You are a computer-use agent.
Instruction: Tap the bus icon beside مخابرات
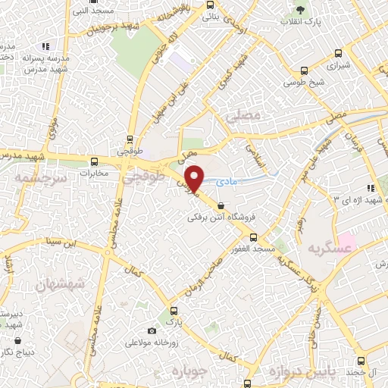coord(95,161)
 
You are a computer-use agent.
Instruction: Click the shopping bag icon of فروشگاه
coord(221,205)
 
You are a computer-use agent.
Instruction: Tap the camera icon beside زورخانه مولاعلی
coord(152,330)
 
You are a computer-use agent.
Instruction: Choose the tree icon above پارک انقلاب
coord(301,10)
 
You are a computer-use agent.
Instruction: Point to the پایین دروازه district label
coord(295,372)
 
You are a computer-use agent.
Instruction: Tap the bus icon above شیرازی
coord(338,53)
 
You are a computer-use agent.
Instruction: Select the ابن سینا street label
coord(61,243)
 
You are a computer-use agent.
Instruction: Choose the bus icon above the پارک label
coord(174,311)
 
